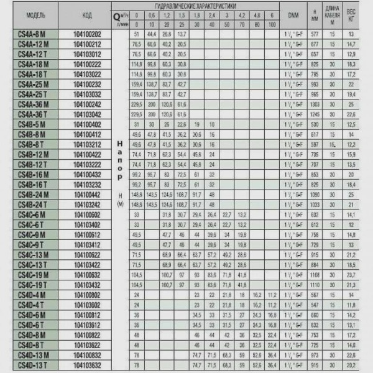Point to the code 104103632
pyautogui.click(x=87, y=364)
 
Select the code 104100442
pyautogui.click(x=87, y=194)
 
